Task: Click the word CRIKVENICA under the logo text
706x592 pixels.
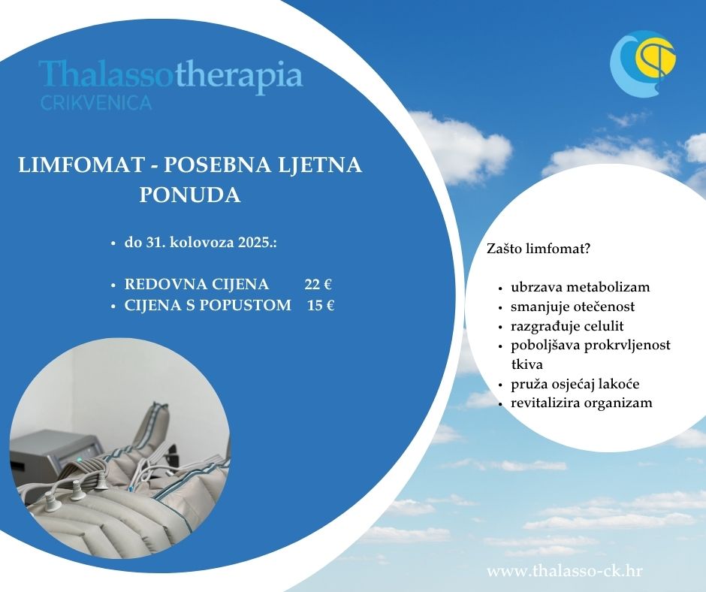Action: (96, 103)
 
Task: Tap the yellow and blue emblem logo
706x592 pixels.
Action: (643, 63)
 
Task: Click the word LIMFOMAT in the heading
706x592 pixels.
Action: (80, 165)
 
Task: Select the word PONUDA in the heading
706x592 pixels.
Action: (189, 195)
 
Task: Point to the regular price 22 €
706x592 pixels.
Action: (318, 284)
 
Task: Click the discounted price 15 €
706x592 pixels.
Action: (321, 306)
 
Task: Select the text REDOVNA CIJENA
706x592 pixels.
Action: (197, 284)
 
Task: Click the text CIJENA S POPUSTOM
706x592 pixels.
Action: (208, 306)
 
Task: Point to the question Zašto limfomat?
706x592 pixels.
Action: (539, 249)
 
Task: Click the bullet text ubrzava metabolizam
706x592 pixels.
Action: (581, 287)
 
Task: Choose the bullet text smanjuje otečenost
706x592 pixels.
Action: (573, 307)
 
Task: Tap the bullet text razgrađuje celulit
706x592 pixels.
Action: (567, 326)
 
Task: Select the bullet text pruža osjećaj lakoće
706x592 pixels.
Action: (575, 385)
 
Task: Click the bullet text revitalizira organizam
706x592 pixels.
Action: (581, 403)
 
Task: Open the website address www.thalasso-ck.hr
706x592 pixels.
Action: (565, 571)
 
